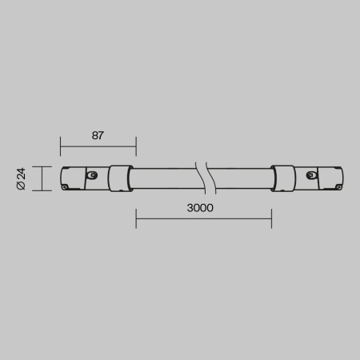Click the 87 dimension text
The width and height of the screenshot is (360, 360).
click(98, 135)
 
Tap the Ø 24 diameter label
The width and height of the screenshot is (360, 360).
click(22, 178)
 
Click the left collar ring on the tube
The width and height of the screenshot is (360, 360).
click(121, 178)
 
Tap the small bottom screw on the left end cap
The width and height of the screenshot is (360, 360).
click(65, 187)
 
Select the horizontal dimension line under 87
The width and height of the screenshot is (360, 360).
click(98, 146)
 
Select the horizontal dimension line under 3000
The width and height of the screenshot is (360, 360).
click(203, 218)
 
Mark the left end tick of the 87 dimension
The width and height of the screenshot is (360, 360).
click(60, 146)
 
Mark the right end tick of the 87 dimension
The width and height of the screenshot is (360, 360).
click(136, 146)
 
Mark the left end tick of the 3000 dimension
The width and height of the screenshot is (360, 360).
click(136, 218)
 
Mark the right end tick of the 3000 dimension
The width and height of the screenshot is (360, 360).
click(271, 218)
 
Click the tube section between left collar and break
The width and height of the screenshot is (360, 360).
click(164, 178)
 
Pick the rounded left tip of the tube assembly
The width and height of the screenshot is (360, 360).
click(61, 178)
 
